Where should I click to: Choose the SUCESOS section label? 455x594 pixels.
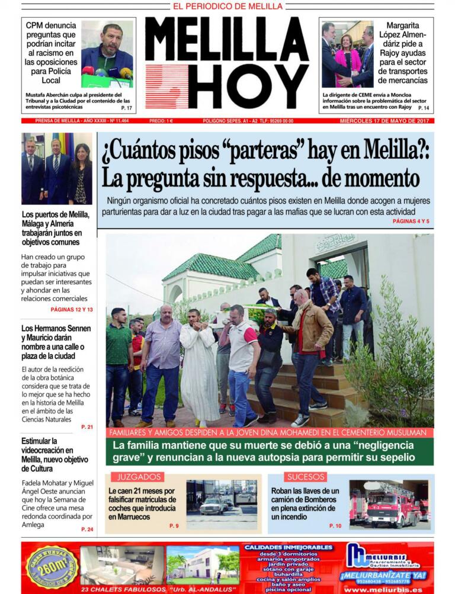coord(306,477)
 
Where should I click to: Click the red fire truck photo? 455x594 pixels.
coord(388,503)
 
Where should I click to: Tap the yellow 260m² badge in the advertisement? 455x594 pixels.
coord(52,567)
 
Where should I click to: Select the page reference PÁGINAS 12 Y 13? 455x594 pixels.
coord(72,310)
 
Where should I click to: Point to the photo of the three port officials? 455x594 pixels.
coord(56,169)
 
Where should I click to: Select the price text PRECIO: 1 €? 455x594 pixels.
coord(161,121)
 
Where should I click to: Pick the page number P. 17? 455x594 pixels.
coord(126,108)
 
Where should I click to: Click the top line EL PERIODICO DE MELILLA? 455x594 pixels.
coord(227,7)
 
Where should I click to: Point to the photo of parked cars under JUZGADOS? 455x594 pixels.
coord(222,504)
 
